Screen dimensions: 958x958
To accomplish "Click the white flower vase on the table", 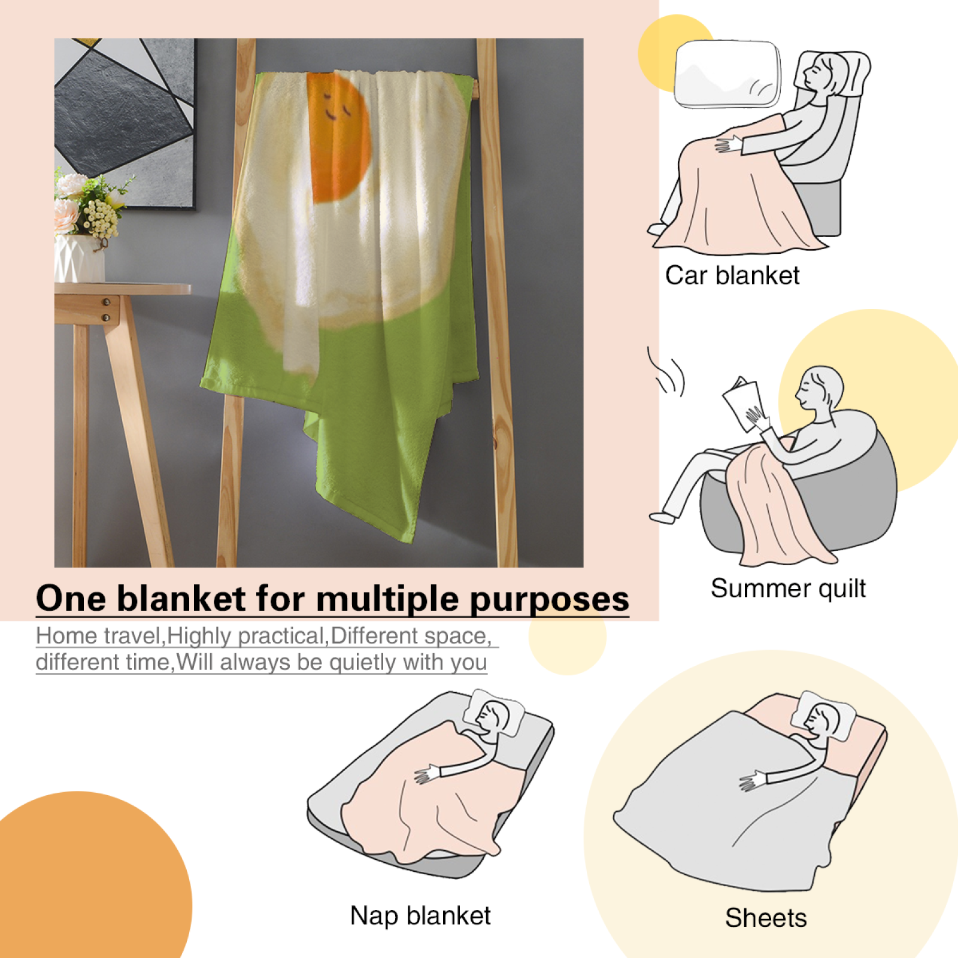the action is point(79,258).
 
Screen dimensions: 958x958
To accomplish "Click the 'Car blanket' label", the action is point(732,275).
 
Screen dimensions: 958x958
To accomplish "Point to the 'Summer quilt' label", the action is point(788,588).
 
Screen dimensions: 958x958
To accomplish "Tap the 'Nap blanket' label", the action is point(420,915).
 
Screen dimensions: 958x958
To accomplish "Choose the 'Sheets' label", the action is point(766,918).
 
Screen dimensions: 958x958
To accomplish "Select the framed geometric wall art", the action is point(125,123).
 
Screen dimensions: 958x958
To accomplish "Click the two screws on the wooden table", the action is point(106,310).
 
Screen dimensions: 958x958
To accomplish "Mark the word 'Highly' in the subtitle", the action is point(202,636).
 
